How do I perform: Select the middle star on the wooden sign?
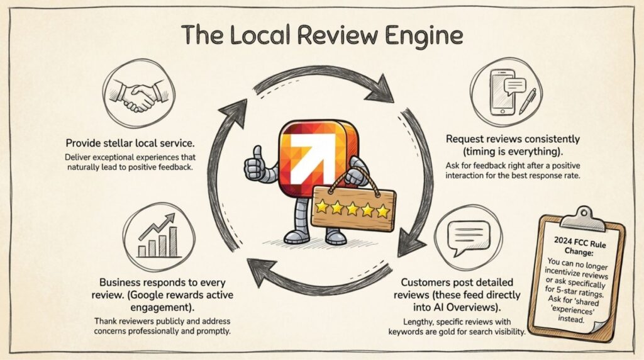click(x=353, y=208)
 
